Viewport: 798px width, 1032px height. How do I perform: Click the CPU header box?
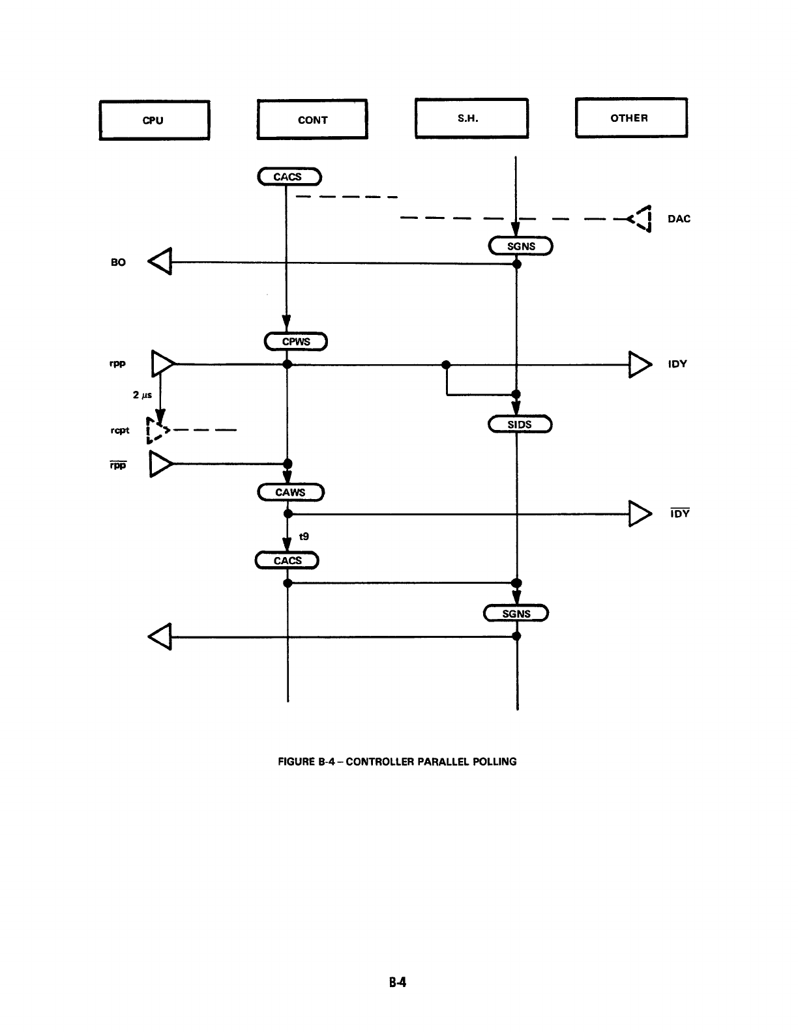click(154, 120)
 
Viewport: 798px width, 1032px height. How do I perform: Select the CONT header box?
click(312, 119)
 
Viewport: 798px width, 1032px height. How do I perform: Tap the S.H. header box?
click(471, 118)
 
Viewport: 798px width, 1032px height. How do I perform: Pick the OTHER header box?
click(630, 117)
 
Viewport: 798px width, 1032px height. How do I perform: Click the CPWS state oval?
click(295, 341)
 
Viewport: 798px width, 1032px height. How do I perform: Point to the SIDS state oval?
click(520, 424)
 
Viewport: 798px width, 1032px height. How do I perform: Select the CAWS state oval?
click(291, 492)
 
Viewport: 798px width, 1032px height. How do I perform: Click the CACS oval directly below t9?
click(287, 560)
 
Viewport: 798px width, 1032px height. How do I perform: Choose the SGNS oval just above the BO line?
click(521, 246)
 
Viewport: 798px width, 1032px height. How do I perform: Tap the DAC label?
click(679, 219)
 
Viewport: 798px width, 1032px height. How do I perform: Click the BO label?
click(118, 263)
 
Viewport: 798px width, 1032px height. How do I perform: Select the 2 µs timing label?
click(142, 395)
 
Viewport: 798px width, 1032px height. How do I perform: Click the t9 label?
click(304, 536)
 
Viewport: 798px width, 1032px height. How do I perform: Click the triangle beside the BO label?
click(160, 262)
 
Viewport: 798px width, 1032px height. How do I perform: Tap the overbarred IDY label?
click(679, 513)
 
